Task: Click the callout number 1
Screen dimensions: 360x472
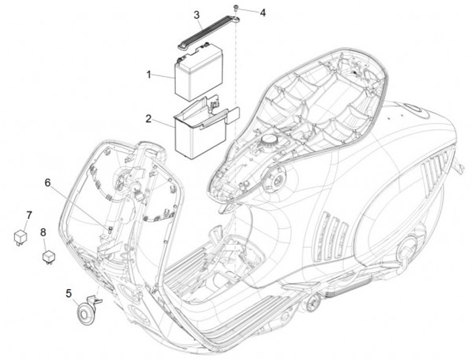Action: (x=149, y=75)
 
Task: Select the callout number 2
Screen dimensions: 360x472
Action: (x=149, y=119)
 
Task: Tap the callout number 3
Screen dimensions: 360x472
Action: (x=197, y=14)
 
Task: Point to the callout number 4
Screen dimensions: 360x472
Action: (x=262, y=12)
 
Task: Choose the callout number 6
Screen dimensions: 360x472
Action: (x=47, y=182)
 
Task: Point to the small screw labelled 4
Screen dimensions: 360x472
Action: (x=234, y=7)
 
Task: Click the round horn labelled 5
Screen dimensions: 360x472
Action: (x=84, y=313)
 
